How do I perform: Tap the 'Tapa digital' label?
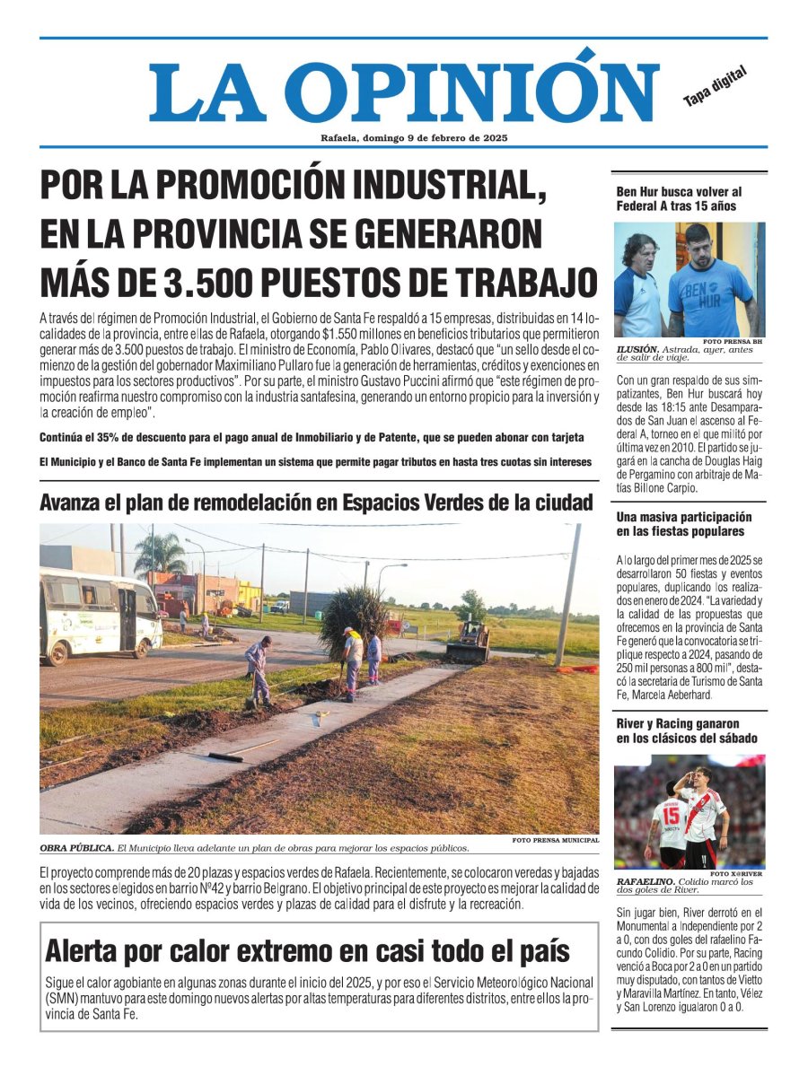click(715, 88)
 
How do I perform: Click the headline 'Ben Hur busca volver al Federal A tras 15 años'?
click(679, 198)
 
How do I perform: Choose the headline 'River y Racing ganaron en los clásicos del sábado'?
click(686, 730)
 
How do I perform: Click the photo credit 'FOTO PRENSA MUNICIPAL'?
click(555, 840)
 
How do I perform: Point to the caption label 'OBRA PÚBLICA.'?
click(76, 848)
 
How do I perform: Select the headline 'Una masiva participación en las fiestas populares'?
click(683, 525)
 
